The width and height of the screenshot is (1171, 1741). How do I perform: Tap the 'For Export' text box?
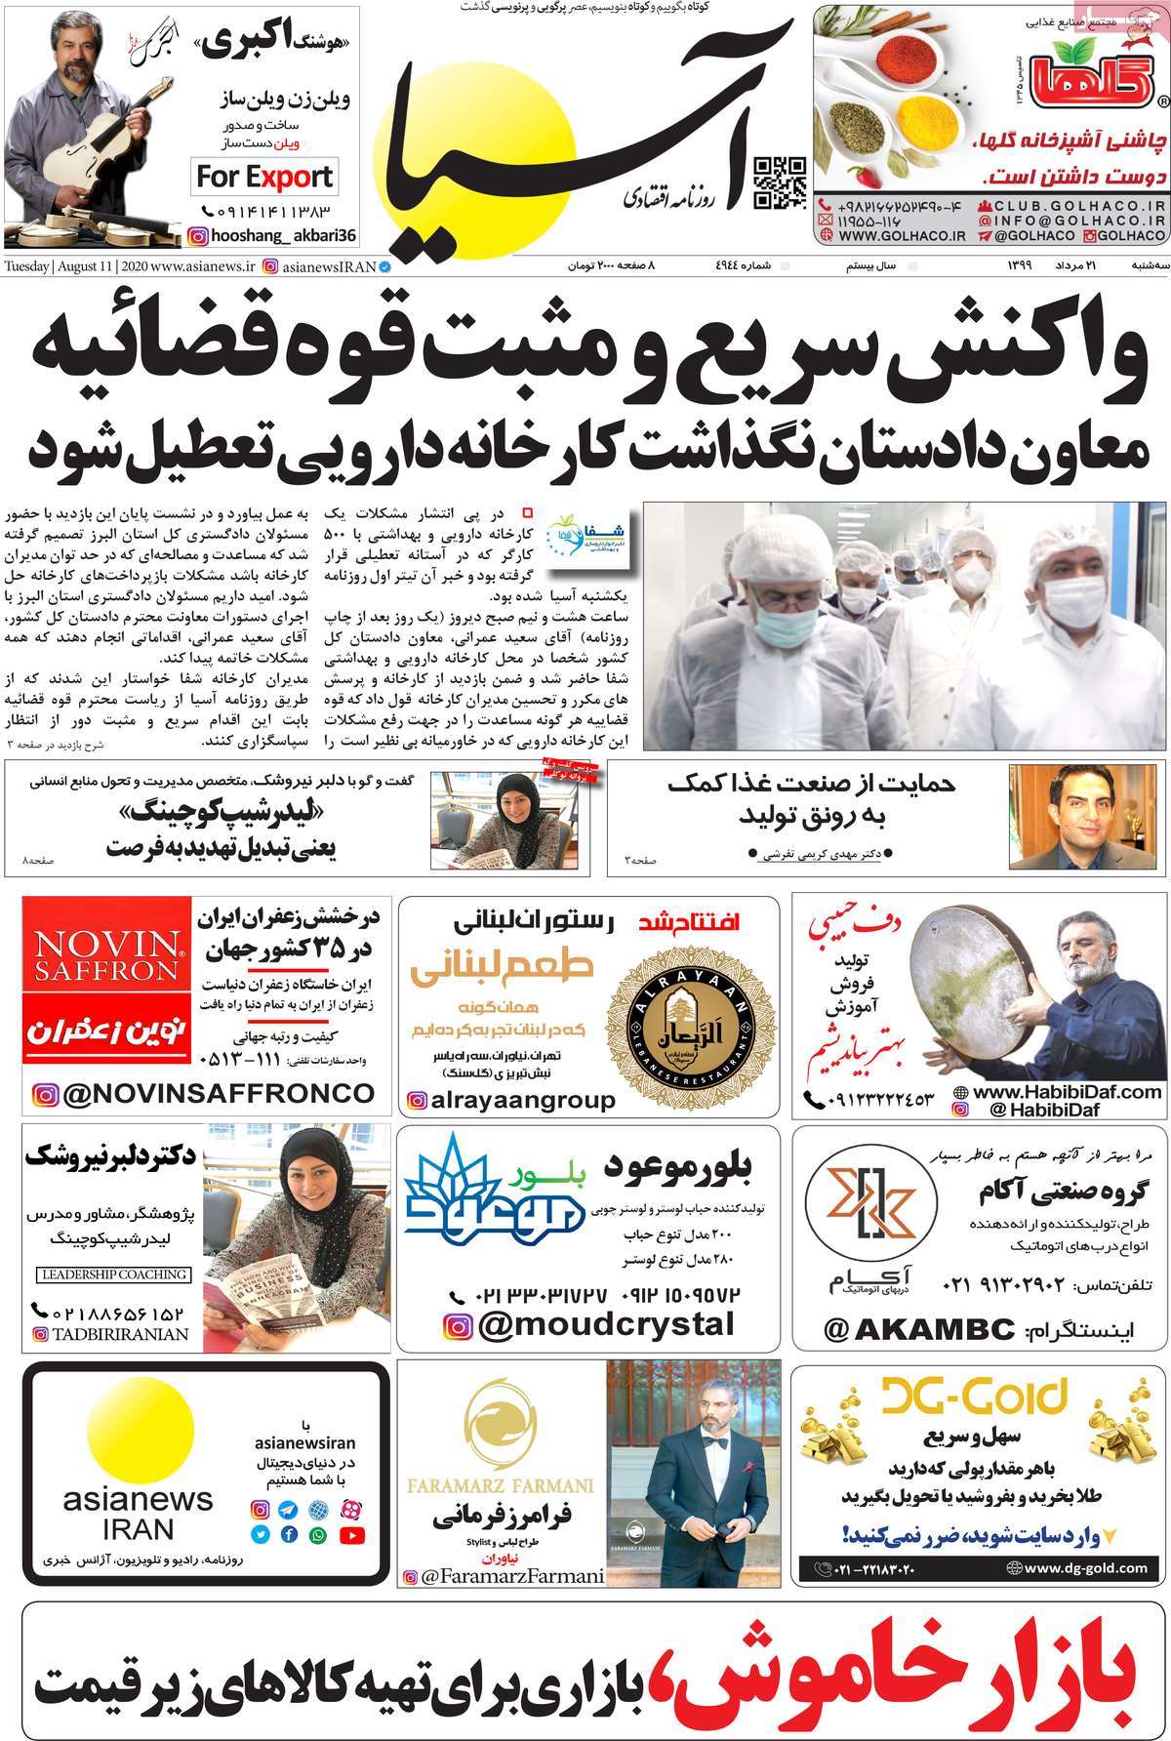coord(264,177)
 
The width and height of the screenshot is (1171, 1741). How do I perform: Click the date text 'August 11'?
coord(88,266)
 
